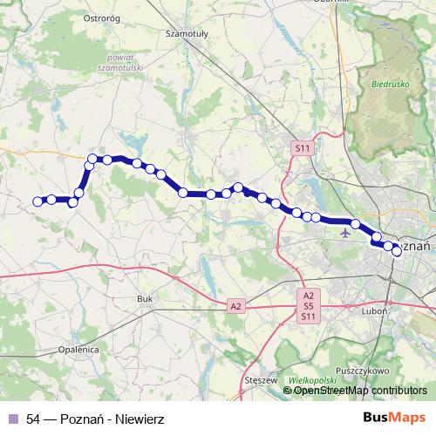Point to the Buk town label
point(145,299)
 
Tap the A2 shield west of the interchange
point(235,306)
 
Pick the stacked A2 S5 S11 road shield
point(308,307)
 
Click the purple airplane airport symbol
point(347,232)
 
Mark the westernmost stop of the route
point(37,201)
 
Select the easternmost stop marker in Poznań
point(397,251)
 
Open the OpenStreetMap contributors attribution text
point(359,391)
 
